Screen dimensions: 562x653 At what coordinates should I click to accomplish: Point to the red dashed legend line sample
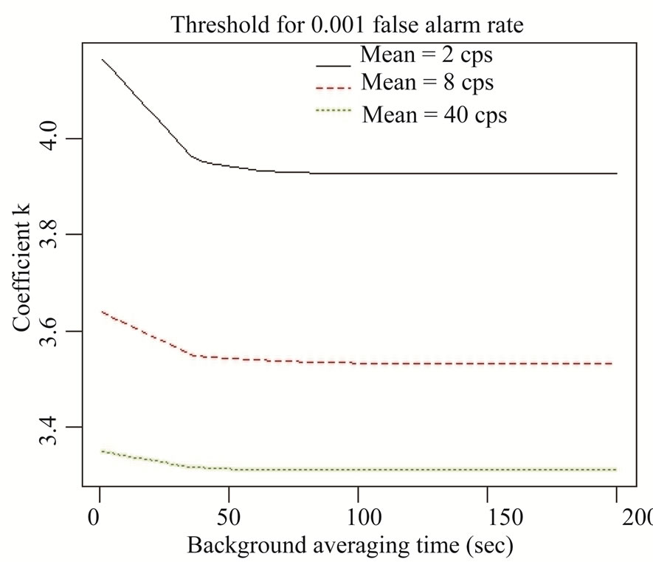(334, 88)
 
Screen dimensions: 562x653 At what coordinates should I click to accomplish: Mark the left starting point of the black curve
(102, 59)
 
